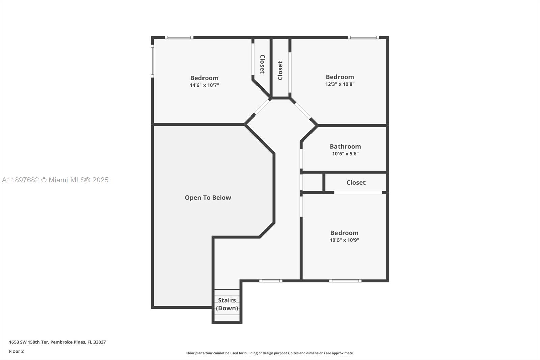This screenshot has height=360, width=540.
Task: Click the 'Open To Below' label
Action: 208,198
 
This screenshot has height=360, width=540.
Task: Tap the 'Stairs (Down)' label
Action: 227,304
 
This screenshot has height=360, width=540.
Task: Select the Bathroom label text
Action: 345,146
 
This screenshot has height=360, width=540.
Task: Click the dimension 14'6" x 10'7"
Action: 204,85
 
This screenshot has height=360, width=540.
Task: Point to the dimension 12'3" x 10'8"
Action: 340,84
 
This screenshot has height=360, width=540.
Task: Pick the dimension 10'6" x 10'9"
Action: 344,240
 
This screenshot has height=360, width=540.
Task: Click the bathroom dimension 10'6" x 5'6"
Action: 345,154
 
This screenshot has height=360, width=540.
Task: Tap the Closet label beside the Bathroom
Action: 356,183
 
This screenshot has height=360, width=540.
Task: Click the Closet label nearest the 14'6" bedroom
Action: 262,64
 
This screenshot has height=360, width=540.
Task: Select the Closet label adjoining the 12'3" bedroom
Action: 280,70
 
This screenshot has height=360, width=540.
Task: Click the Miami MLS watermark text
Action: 55,180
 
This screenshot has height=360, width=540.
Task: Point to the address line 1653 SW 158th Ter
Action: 57,342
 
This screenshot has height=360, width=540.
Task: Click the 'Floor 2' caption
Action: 16,351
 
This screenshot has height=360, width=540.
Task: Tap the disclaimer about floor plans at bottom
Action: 270,353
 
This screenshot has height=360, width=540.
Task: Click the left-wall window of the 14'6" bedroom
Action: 152,62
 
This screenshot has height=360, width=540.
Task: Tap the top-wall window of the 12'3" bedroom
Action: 363,37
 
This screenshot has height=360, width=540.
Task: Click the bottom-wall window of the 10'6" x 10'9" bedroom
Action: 345,281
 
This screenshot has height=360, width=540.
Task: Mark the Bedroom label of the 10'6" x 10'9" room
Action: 344,233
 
